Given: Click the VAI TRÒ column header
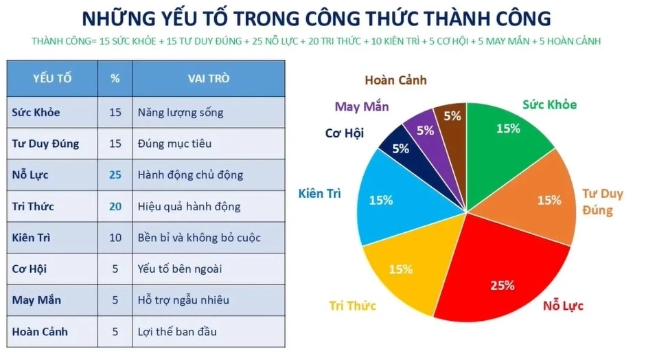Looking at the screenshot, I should (x=209, y=78).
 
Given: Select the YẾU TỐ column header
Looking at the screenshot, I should (x=52, y=78).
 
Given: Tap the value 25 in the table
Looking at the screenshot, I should (x=115, y=175).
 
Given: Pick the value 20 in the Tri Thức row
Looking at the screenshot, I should (x=115, y=206).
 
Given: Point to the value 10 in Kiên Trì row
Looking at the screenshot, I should (x=115, y=238).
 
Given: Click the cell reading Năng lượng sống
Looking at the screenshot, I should (x=180, y=112).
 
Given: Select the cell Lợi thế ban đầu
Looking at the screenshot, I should (x=177, y=332).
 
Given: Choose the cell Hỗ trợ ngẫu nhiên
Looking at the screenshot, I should (x=183, y=300).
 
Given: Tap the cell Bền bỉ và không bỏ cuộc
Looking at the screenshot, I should (x=199, y=238).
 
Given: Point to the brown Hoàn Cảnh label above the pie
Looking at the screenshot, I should (x=395, y=80).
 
